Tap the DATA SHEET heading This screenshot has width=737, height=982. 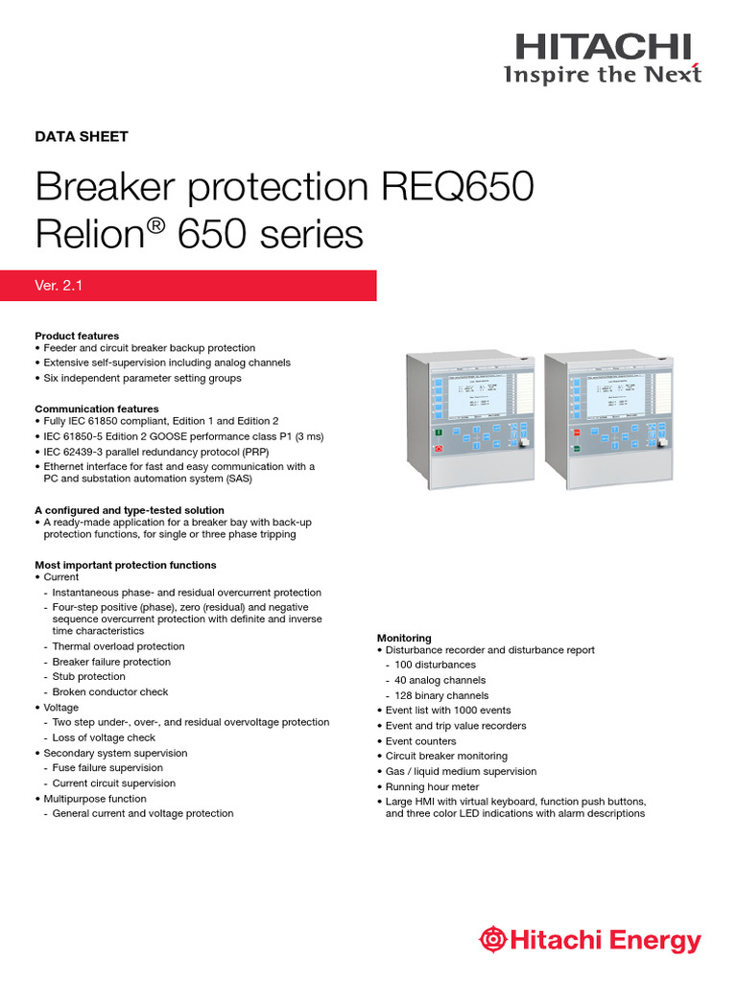[82, 136]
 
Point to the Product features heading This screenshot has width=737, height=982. [77, 336]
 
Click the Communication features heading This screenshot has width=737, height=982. [97, 409]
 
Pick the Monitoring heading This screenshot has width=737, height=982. [404, 638]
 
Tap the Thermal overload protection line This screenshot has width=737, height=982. [118, 646]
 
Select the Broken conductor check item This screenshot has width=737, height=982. [109, 691]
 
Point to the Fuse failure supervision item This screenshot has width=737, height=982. [107, 767]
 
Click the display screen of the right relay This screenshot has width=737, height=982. [616, 393]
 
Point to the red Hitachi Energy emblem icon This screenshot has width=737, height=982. [493, 941]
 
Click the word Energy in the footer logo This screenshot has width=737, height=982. [661, 942]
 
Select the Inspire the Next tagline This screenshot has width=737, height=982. [604, 74]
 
